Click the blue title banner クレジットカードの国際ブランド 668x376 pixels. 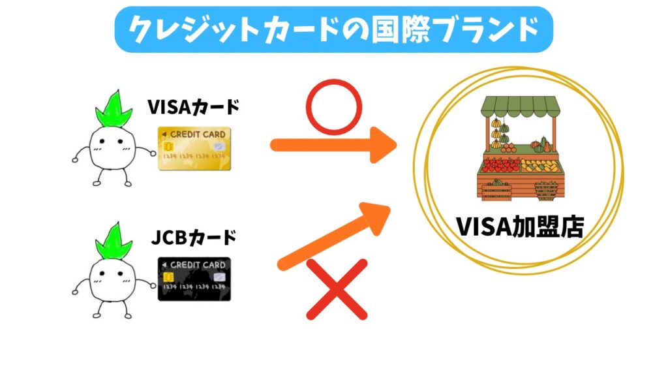tap(334, 29)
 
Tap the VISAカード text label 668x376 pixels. tap(193, 106)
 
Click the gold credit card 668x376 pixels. tap(194, 149)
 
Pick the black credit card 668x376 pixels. tap(194, 279)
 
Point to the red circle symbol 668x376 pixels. tap(333, 106)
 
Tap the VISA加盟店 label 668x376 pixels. tap(520, 228)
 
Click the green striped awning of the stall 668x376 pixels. tap(520, 107)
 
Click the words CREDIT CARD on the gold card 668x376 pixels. tap(198, 134)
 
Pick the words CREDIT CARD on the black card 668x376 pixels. tap(198, 264)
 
